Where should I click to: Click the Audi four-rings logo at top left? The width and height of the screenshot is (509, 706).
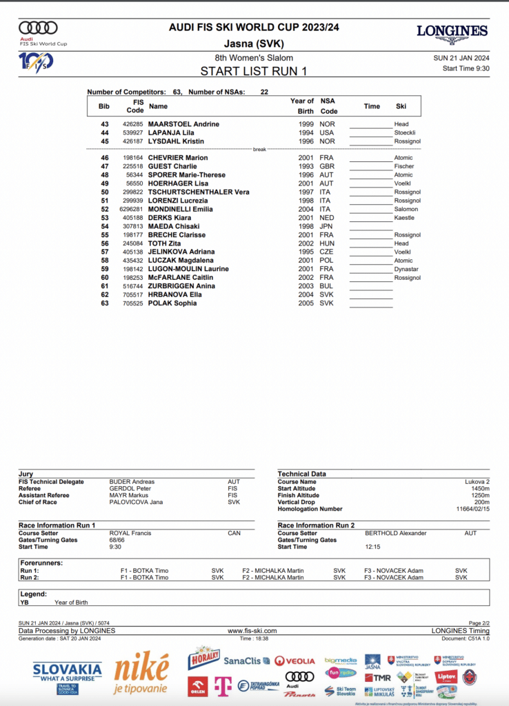point(38,28)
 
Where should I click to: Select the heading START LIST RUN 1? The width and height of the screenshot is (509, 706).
point(254,71)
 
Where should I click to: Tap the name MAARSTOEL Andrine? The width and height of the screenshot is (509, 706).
point(183,124)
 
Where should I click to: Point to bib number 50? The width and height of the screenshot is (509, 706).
point(105,192)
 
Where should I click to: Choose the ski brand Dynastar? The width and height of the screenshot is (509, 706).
point(407,269)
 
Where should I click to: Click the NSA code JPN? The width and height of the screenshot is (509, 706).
point(326,226)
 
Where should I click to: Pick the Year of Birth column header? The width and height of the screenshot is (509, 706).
point(302,106)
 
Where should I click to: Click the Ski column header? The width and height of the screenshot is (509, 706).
point(401,106)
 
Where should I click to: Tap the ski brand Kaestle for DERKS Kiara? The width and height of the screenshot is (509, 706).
point(404,218)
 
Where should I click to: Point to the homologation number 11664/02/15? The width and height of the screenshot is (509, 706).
point(471,509)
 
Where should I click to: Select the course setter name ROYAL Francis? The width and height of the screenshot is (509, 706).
point(130,533)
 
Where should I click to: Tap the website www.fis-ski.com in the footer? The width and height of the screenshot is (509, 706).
point(252,631)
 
